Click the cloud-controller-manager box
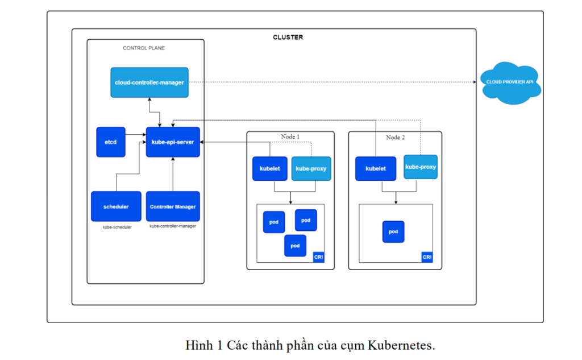tap(149, 82)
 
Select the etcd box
tap(111, 142)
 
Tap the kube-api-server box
tap(173, 142)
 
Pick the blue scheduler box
tap(116, 206)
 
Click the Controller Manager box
tap(173, 206)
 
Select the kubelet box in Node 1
tap(269, 168)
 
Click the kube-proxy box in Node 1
tap(311, 168)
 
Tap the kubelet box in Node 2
tap(375, 168)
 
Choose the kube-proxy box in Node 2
tap(421, 167)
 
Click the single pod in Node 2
tap(393, 232)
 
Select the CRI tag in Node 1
tap(318, 257)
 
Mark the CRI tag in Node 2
tap(427, 257)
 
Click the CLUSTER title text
tap(288, 38)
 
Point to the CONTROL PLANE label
tap(144, 48)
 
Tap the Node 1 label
tap(290, 137)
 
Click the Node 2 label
tap(395, 137)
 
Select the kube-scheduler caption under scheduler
tap(117, 227)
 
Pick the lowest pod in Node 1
tap(295, 246)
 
